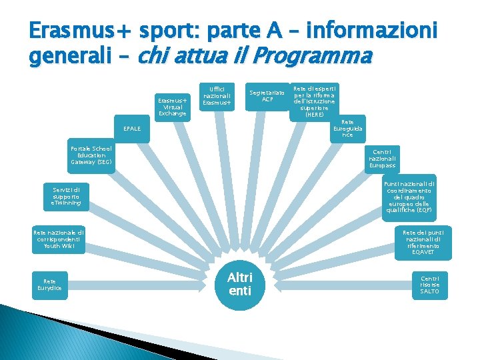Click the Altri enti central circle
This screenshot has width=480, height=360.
pyautogui.click(x=240, y=284)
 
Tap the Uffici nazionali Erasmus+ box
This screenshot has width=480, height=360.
pyautogui.click(x=217, y=95)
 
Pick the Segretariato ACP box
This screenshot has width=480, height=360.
pyautogui.click(x=267, y=96)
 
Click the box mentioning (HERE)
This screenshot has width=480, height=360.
pyautogui.click(x=315, y=101)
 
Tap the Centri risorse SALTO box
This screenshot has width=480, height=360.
pyautogui.click(x=430, y=285)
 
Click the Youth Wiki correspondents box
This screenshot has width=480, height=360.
pyautogui.click(x=59, y=239)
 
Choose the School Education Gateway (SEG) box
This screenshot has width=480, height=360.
pyautogui.click(x=91, y=155)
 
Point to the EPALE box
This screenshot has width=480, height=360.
pyautogui.click(x=131, y=128)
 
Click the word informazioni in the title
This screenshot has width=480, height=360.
pyautogui.click(x=379, y=31)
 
